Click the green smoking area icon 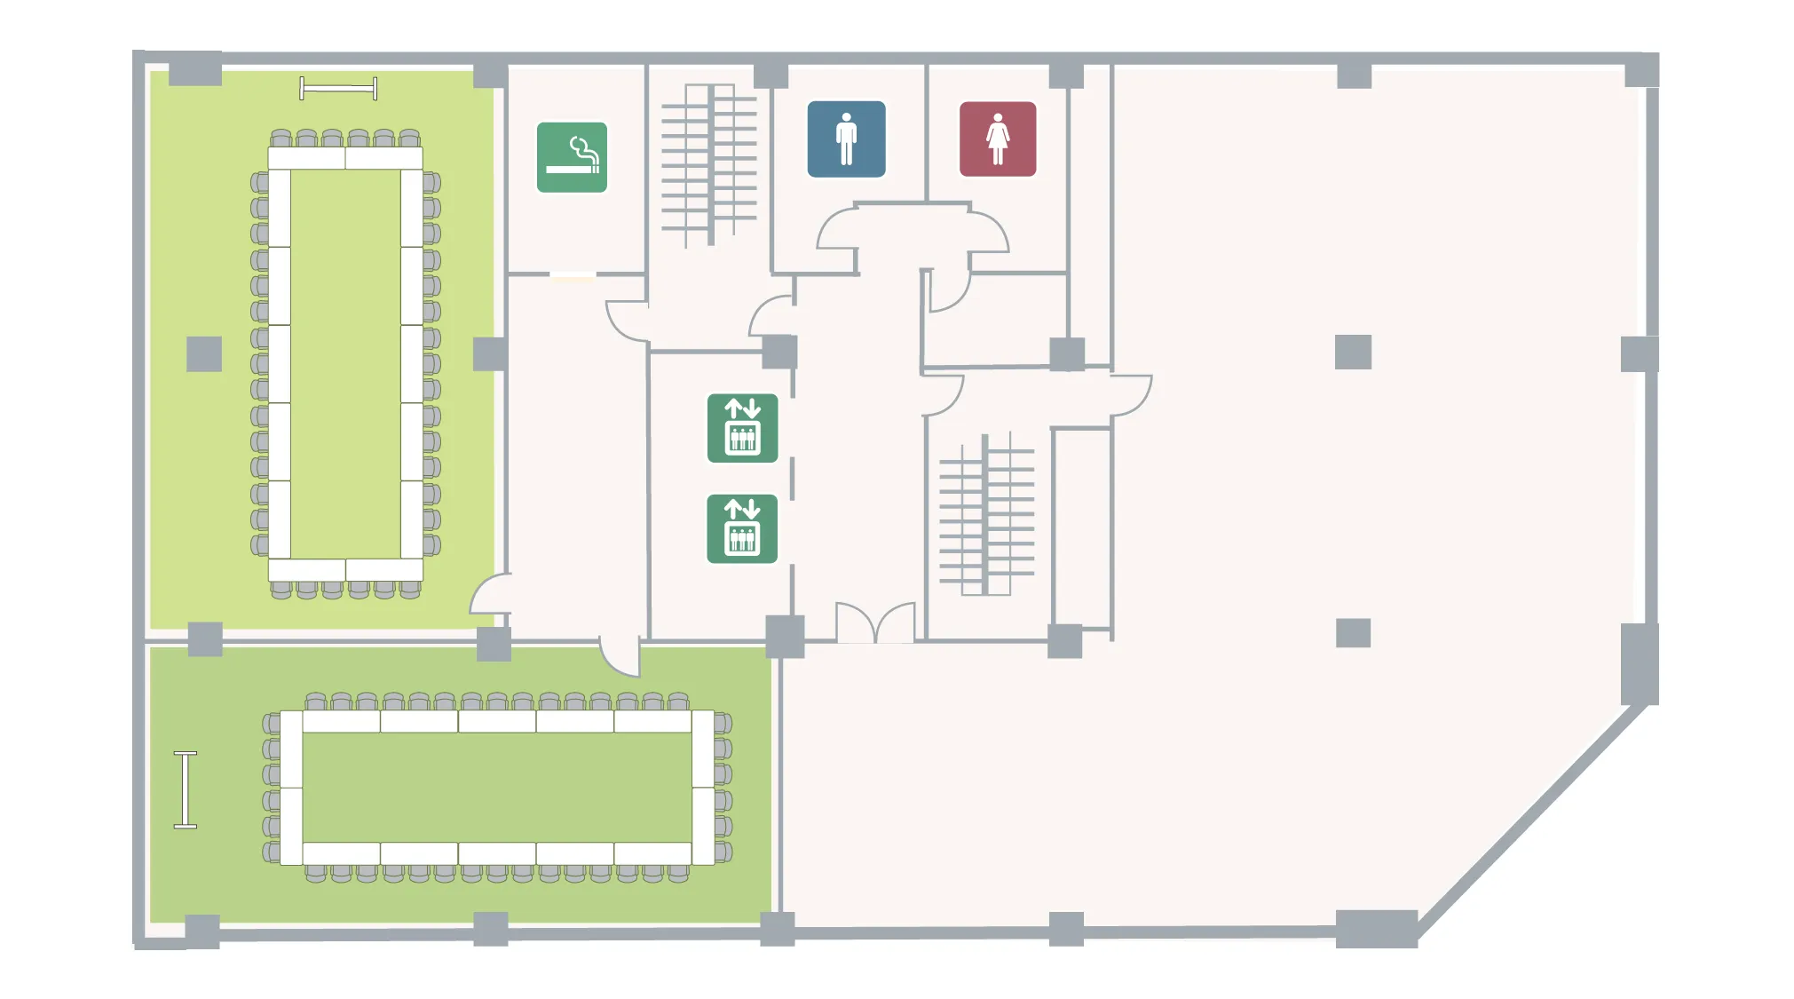click(572, 157)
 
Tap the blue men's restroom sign click(846, 139)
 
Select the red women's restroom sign click(997, 139)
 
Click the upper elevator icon click(742, 428)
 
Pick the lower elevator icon click(742, 529)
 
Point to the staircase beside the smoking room click(709, 165)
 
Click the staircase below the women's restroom click(986, 515)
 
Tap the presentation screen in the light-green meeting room click(338, 88)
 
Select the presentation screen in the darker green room click(185, 789)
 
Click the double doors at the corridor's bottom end click(875, 623)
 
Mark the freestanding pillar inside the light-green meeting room click(204, 353)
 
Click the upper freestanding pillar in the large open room click(1353, 352)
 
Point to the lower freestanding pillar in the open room click(1353, 633)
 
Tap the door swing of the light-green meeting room click(490, 595)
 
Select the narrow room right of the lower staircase click(1082, 527)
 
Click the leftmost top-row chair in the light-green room click(281, 139)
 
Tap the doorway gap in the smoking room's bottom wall click(573, 274)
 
